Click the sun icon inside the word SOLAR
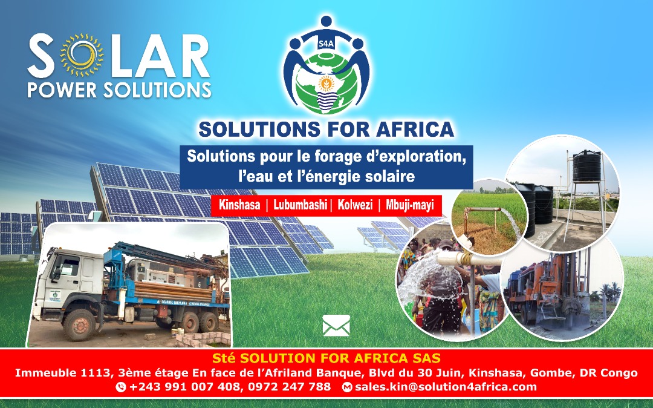[82, 55]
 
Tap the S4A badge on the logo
[326, 42]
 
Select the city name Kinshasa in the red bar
[239, 205]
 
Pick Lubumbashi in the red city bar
[300, 205]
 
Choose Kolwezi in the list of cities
[355, 205]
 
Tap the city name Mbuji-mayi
[410, 205]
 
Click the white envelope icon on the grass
[336, 326]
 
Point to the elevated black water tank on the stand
[586, 166]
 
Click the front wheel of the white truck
[79, 324]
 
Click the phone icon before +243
[121, 387]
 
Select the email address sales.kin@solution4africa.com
[446, 387]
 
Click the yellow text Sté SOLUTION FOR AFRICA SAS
[326, 358]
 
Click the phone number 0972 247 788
[289, 387]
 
